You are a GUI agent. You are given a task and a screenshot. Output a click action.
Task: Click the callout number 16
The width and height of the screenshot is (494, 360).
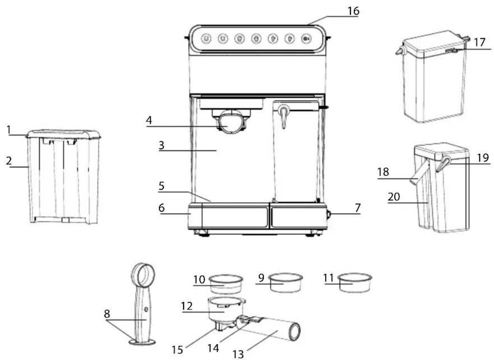pos(353,11)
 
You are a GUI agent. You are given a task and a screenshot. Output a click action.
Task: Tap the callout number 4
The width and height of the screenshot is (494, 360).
pos(149,120)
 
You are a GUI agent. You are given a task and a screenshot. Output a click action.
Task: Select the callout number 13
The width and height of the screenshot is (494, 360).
pos(238,355)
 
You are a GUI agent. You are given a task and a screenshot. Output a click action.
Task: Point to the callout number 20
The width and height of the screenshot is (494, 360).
pos(394,197)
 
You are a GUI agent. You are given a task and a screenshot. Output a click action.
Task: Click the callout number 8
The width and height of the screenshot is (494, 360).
pos(107,314)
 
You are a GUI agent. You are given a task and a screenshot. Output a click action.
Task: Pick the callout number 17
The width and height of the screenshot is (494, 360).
pos(480,42)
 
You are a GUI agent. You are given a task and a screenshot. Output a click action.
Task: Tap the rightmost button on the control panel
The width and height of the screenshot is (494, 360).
pos(306,38)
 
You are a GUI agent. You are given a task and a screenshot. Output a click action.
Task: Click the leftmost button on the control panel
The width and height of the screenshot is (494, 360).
pos(206,38)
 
